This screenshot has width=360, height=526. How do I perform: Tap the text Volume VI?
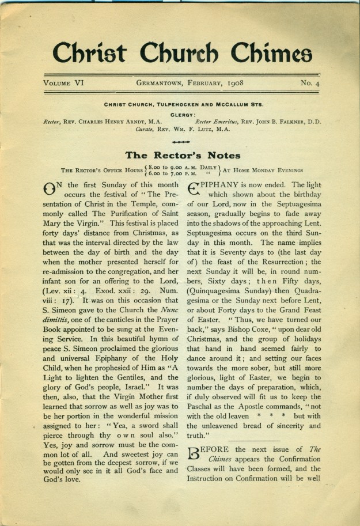coord(64,83)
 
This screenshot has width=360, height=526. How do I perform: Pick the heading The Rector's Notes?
coord(183,155)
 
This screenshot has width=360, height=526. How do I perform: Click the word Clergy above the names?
coord(183,113)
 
